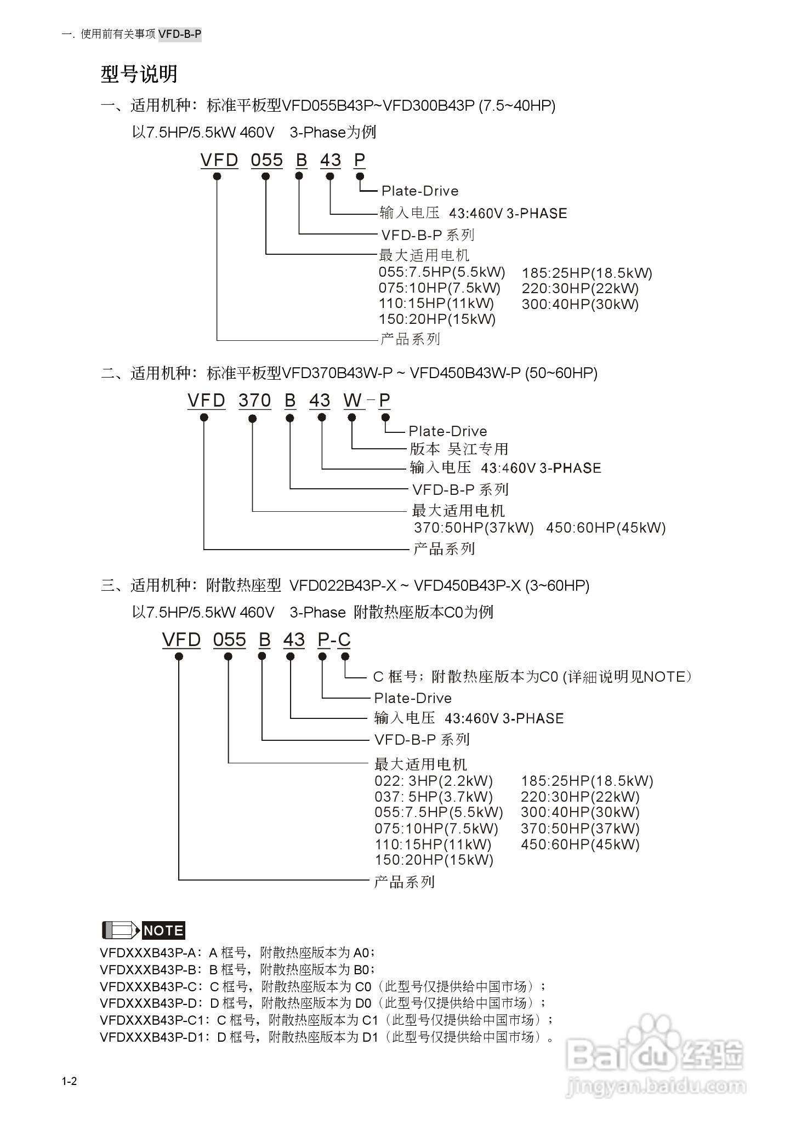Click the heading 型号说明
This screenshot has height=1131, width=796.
[139, 74]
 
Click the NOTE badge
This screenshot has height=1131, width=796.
[163, 930]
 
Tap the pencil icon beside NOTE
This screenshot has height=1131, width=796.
[121, 930]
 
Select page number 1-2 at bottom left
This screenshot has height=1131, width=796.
[70, 1081]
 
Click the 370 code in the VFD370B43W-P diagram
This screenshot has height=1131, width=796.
[254, 401]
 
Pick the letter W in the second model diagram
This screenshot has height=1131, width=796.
[352, 401]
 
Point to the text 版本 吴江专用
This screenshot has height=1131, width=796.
[459, 449]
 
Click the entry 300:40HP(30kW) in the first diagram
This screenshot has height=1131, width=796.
[580, 304]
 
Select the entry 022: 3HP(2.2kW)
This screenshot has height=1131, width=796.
[434, 781]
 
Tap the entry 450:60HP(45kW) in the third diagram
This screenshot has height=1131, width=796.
[580, 844]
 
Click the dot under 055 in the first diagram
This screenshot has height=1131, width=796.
[266, 176]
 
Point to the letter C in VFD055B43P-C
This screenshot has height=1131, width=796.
[344, 640]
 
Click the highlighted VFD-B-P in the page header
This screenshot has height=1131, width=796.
[180, 35]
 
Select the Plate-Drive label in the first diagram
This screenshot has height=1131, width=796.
[420, 191]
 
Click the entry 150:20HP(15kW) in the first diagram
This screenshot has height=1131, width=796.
[437, 319]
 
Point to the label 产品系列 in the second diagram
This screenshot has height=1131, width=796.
[444, 549]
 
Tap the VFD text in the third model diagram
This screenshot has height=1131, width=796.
[181, 640]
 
